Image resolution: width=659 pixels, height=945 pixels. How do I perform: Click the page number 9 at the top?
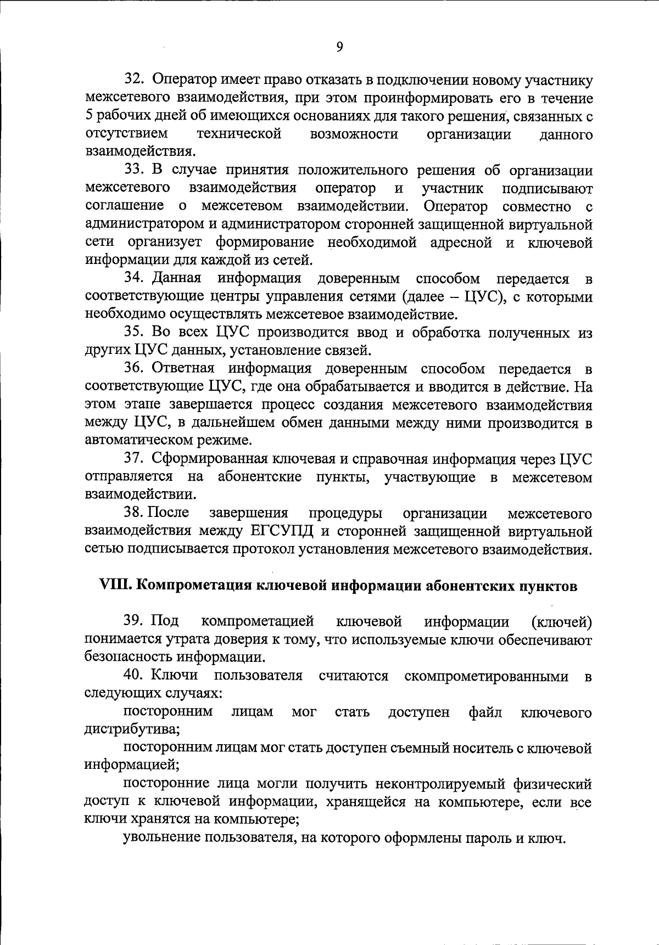339,47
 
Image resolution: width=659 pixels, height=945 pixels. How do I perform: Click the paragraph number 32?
134,80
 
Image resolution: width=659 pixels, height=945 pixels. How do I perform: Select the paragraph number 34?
134,278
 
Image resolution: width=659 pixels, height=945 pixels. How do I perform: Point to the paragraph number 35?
134,332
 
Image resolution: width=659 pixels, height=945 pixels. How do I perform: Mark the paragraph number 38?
134,513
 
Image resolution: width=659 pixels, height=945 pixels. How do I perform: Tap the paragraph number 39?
134,621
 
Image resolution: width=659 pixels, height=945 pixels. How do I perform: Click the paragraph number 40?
134,675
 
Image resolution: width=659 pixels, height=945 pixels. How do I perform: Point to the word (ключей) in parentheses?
562,622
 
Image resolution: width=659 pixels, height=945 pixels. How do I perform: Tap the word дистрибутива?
132,730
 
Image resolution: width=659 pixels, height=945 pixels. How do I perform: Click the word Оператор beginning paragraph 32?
185,80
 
